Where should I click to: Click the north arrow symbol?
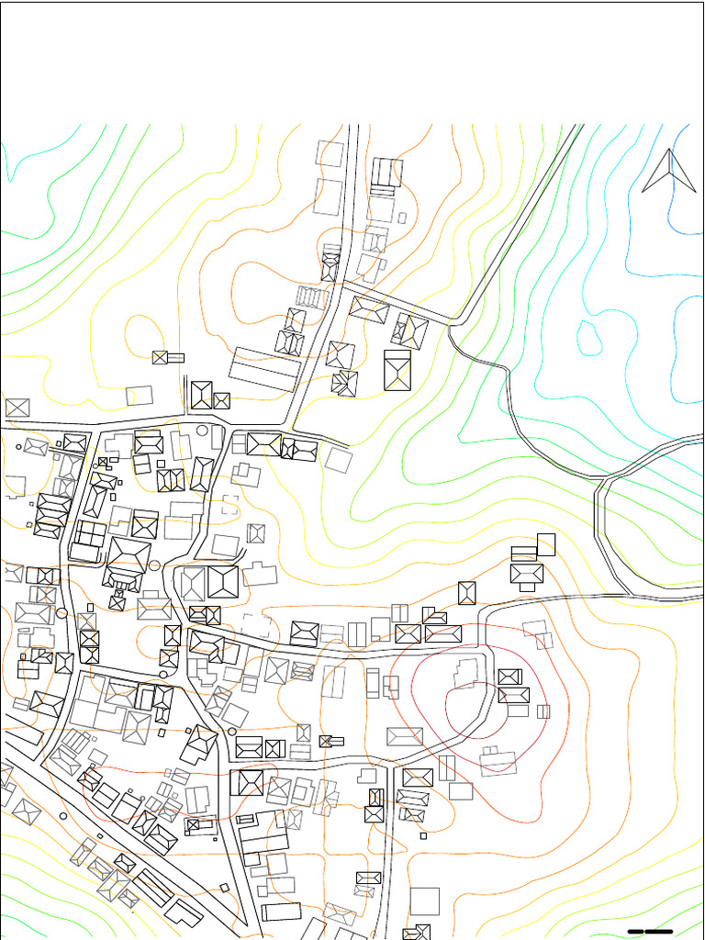click(x=669, y=172)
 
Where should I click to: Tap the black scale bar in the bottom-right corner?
click(x=650, y=932)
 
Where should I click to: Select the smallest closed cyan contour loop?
click(x=589, y=337)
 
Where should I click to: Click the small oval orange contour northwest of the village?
click(x=143, y=336)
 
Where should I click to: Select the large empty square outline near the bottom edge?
click(x=424, y=901)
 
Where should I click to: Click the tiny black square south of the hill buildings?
click(x=423, y=835)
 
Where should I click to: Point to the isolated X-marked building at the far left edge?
click(x=17, y=408)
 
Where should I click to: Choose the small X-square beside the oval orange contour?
click(x=160, y=357)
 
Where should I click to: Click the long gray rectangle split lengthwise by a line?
click(x=265, y=369)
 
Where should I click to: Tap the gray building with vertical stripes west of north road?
click(x=311, y=297)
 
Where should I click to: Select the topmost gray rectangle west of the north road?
click(x=330, y=153)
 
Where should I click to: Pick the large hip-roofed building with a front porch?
click(x=129, y=560)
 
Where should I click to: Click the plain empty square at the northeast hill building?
click(x=546, y=544)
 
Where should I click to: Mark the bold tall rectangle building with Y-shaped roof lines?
click(x=397, y=370)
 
